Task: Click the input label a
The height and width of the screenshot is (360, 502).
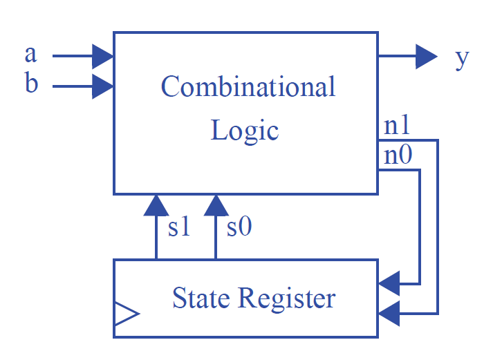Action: [30, 55]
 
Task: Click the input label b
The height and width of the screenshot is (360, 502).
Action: [31, 84]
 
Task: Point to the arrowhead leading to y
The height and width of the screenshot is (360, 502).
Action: [426, 56]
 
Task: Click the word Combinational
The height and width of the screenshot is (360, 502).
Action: [248, 87]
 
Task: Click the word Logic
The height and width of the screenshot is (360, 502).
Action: [244, 130]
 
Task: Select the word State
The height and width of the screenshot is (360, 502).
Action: [201, 299]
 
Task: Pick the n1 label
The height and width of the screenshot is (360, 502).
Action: [398, 126]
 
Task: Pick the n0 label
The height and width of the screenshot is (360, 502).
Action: [398, 155]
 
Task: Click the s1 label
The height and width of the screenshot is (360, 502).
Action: [178, 227]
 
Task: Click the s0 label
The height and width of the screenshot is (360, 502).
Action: [239, 227]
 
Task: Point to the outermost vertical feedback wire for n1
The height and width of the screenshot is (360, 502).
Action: [438, 228]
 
